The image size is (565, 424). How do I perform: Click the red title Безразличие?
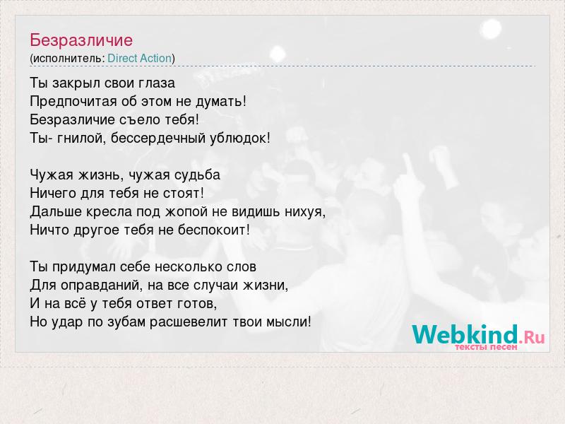[x=81, y=40]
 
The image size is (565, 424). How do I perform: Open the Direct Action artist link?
[x=139, y=58]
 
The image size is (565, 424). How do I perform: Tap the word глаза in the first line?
[x=158, y=83]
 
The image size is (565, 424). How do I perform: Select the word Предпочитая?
[x=73, y=102]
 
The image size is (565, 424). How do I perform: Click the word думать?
[x=219, y=102]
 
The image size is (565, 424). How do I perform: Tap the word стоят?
[x=182, y=193]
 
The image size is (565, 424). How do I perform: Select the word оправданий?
[x=98, y=285]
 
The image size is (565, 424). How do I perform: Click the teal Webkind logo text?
[x=465, y=334]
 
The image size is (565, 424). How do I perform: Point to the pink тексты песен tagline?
[x=486, y=347]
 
